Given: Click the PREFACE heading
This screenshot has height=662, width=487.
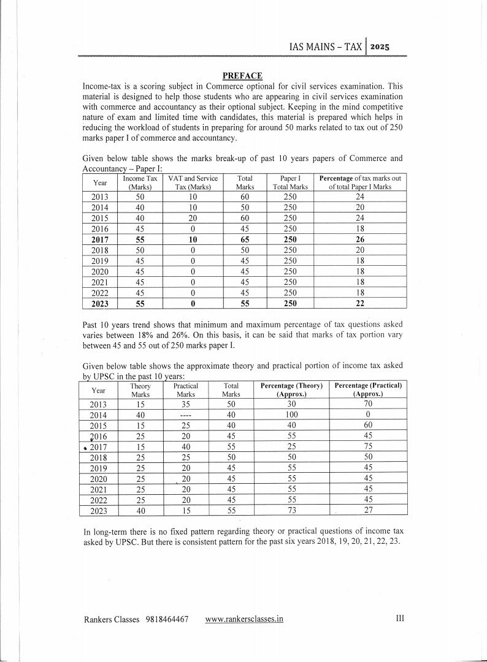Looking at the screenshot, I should (x=242, y=75).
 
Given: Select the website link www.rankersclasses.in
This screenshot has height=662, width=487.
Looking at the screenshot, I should (x=244, y=619).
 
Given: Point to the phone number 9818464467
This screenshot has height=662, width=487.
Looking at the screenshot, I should (x=167, y=619).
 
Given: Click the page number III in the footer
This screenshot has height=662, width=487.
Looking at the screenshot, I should (x=399, y=619).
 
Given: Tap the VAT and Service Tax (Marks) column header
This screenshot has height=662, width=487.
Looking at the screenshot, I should (x=193, y=182).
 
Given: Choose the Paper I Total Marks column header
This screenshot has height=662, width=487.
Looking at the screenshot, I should (x=290, y=182).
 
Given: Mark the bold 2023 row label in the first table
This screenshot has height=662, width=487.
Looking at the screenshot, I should (x=98, y=303).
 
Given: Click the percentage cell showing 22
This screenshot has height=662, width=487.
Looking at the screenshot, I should (x=360, y=303).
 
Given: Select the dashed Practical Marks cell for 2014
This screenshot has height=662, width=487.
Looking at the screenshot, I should (x=185, y=415).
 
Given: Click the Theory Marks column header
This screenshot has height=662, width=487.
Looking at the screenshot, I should (x=140, y=390).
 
